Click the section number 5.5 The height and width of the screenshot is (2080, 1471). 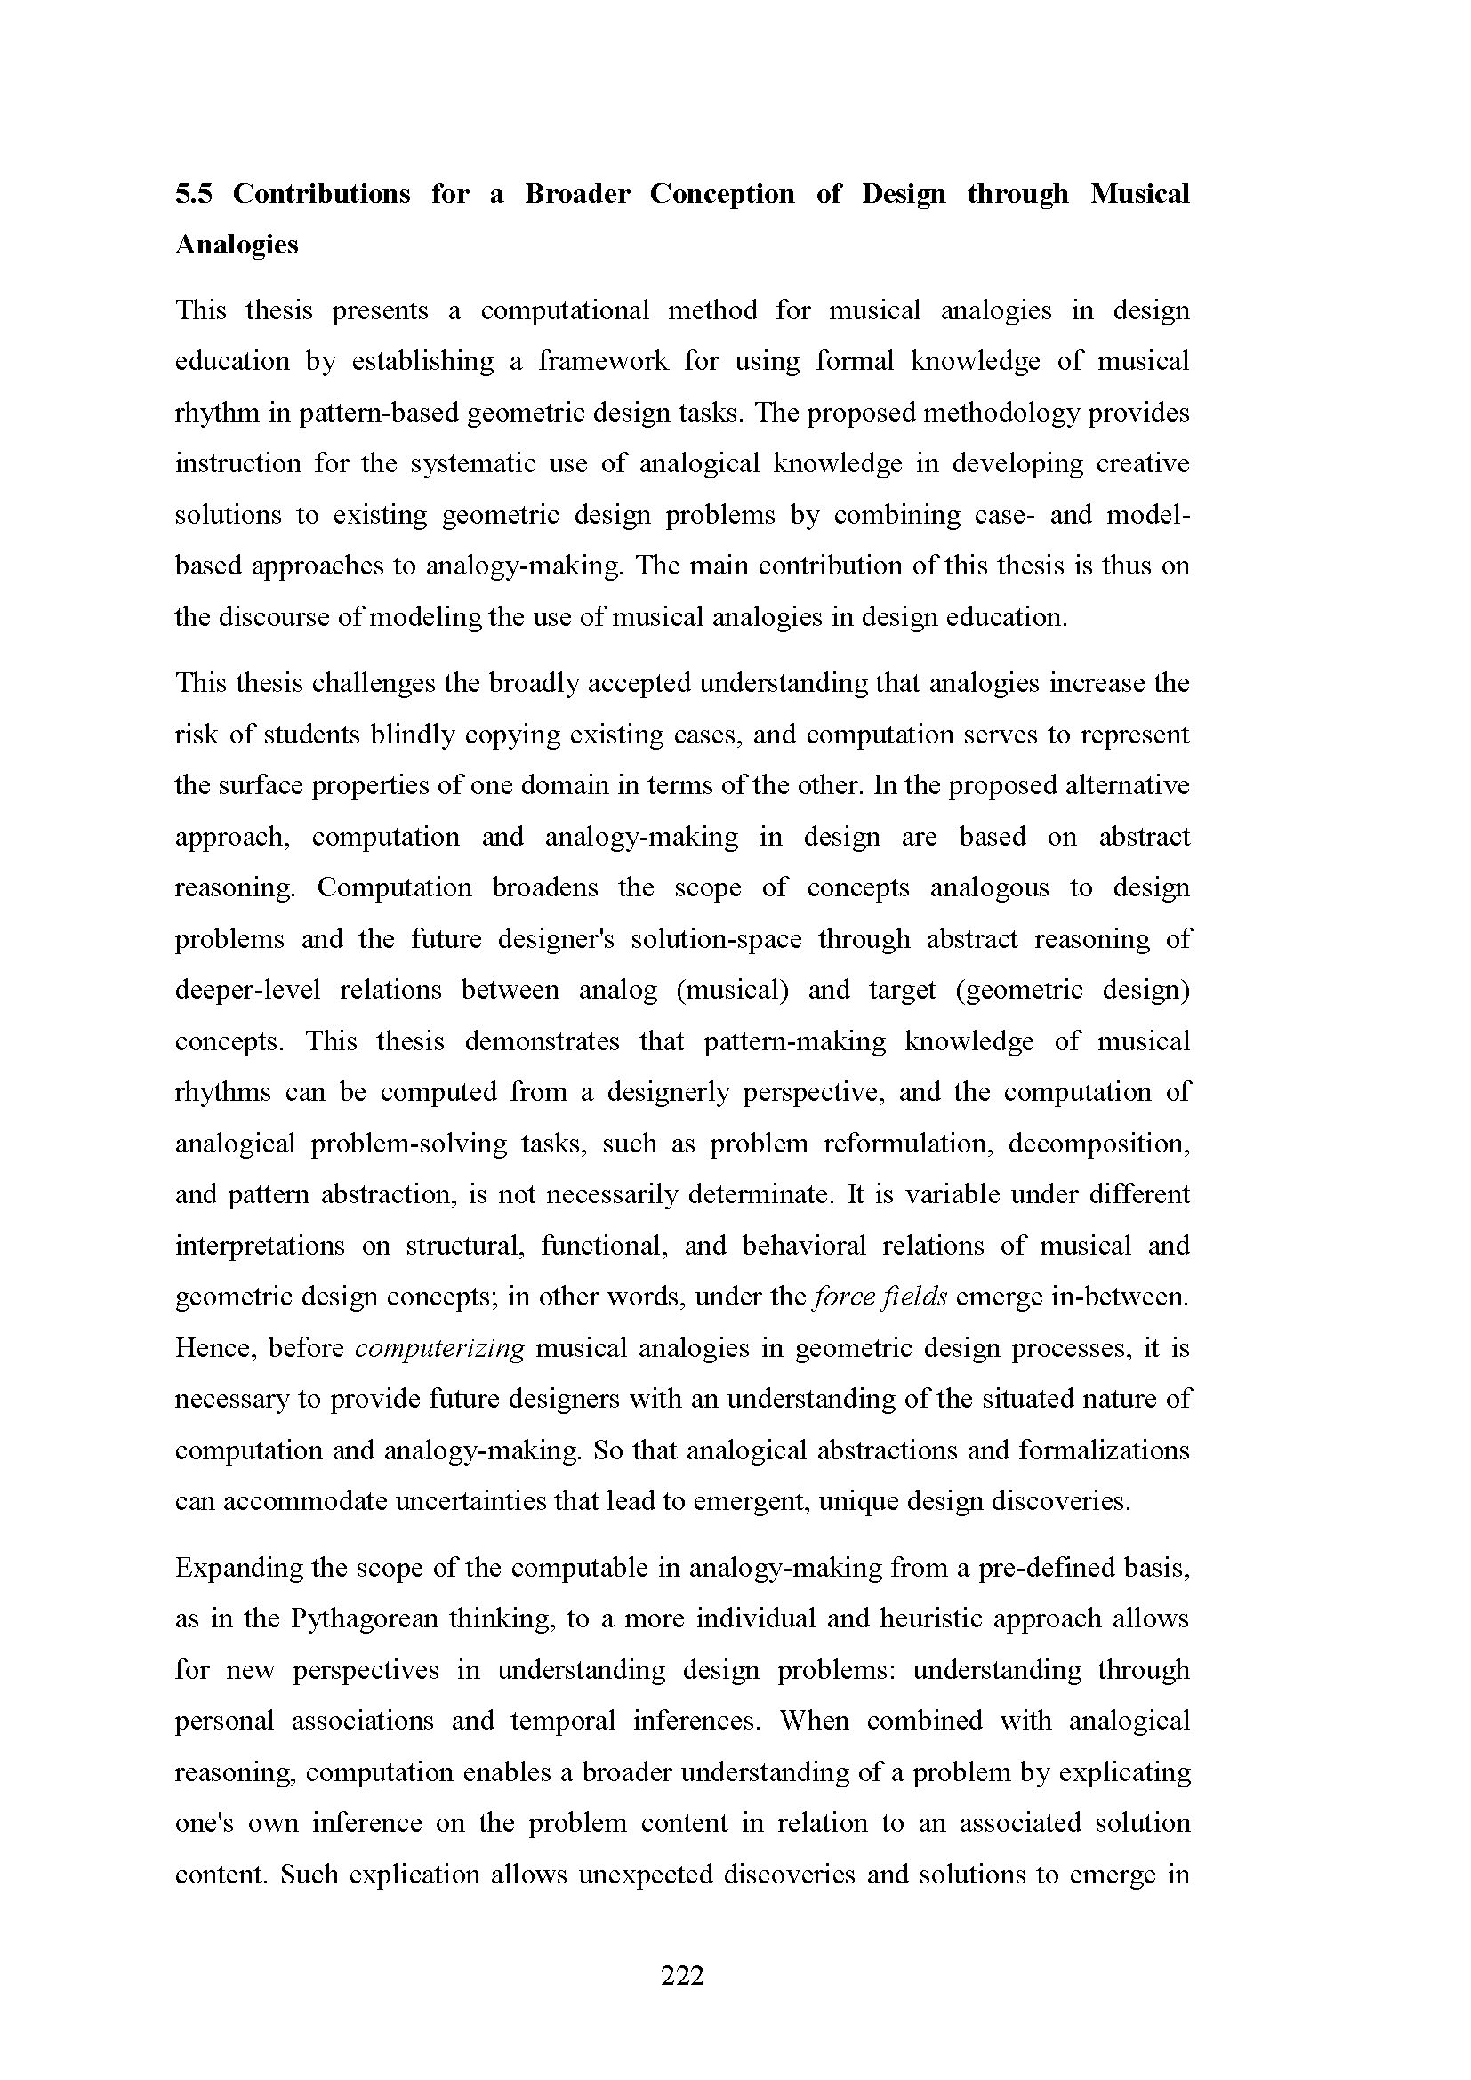pyautogui.click(x=194, y=194)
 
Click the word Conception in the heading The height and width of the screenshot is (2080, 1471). pyautogui.click(x=722, y=194)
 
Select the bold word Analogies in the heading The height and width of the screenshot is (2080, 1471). pyautogui.click(x=236, y=245)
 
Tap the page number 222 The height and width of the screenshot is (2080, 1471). pyautogui.click(x=682, y=1975)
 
